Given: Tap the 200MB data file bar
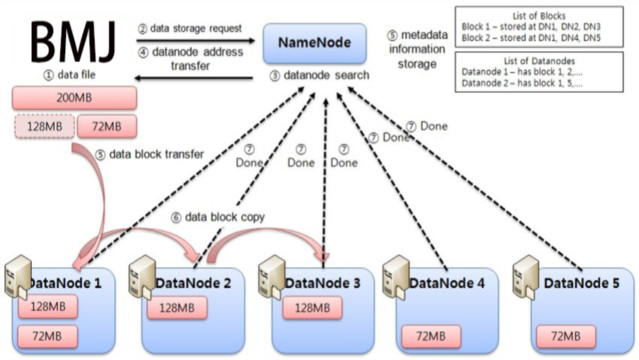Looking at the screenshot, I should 74,97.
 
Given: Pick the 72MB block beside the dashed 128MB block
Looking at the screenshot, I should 106,126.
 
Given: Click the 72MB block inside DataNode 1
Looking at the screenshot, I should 48,336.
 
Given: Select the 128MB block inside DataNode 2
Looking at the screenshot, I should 177,307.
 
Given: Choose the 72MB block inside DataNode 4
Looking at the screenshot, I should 431,336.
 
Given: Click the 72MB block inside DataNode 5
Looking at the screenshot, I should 566,336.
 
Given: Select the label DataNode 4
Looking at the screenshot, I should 447,283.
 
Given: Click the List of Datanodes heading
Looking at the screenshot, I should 538,61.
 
